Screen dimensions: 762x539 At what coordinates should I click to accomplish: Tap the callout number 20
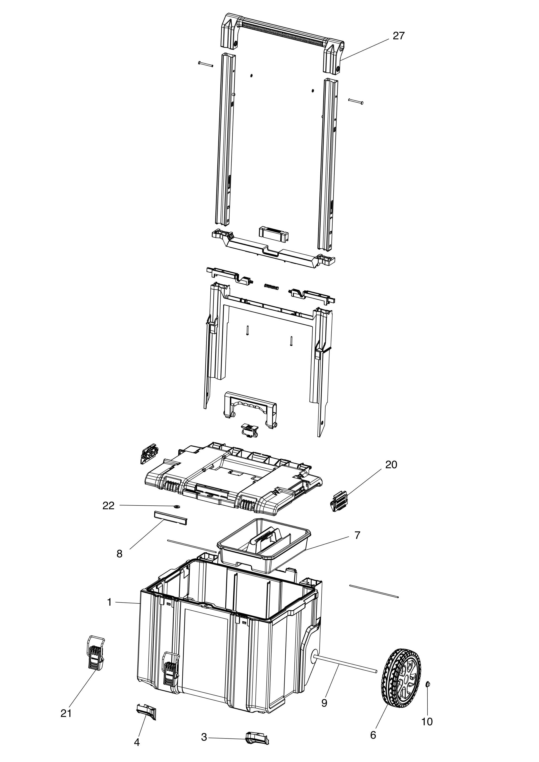click(x=391, y=465)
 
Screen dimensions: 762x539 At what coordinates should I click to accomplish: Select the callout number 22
click(x=109, y=506)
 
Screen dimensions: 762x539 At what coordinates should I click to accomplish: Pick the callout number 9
click(x=324, y=703)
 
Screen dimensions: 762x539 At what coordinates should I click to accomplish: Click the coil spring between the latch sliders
click(x=272, y=286)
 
